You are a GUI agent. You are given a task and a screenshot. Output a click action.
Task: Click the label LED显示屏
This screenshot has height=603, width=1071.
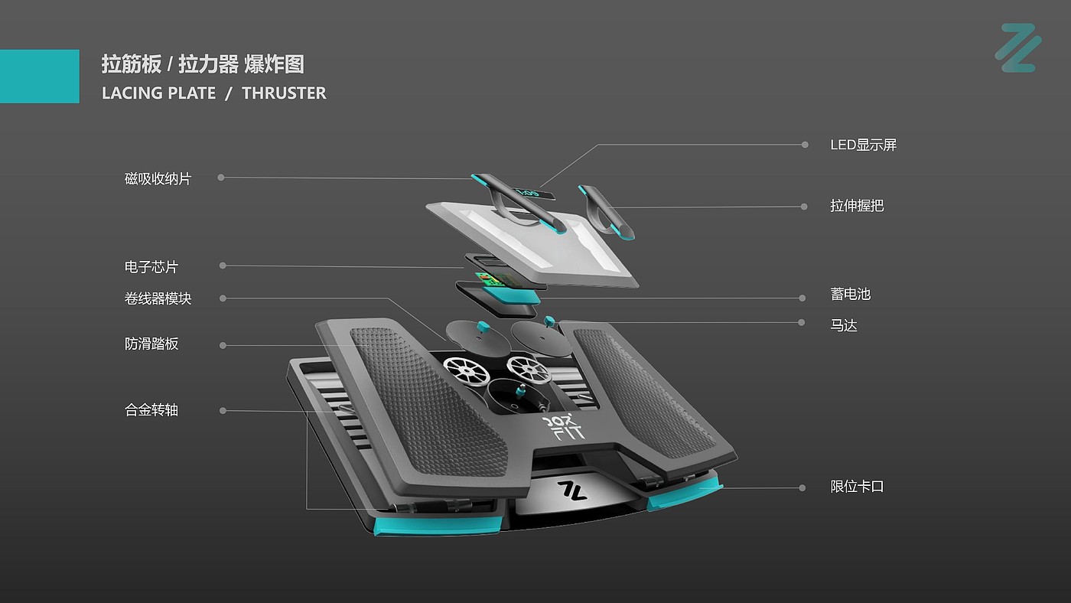[x=863, y=145]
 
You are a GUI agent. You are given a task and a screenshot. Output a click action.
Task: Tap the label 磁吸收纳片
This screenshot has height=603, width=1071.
[x=158, y=179]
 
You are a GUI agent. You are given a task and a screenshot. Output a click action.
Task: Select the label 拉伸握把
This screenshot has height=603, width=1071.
[x=857, y=206]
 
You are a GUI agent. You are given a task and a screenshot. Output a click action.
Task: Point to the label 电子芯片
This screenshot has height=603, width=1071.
[x=151, y=267]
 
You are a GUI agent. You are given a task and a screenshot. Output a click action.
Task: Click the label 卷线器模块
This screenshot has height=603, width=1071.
[x=158, y=298]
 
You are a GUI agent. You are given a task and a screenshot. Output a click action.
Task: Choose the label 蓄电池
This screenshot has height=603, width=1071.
[x=850, y=295]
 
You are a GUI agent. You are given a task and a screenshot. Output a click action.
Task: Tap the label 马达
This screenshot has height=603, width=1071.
[x=844, y=325]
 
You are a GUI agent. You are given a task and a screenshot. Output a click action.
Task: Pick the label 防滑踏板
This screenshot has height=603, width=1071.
[x=151, y=344]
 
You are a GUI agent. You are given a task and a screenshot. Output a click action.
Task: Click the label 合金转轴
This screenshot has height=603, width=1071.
[x=151, y=410]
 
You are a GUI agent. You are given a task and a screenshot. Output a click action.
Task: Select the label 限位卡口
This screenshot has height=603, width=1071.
[x=857, y=487]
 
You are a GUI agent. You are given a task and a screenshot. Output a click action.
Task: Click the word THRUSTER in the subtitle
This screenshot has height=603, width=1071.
[x=284, y=93]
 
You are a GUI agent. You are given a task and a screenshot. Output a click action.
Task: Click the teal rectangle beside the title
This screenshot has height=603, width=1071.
[x=39, y=76]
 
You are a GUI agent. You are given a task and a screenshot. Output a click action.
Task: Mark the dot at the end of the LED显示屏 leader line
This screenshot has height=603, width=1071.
[x=805, y=145]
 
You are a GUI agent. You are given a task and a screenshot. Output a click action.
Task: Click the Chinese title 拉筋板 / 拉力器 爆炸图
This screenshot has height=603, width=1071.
[x=203, y=64]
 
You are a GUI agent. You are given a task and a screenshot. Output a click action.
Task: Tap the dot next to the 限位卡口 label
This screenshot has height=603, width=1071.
[x=802, y=487]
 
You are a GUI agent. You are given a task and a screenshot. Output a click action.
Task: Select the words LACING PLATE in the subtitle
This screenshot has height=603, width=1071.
[x=159, y=93]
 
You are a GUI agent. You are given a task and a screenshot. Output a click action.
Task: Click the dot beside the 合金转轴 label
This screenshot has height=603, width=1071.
[x=223, y=411]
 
